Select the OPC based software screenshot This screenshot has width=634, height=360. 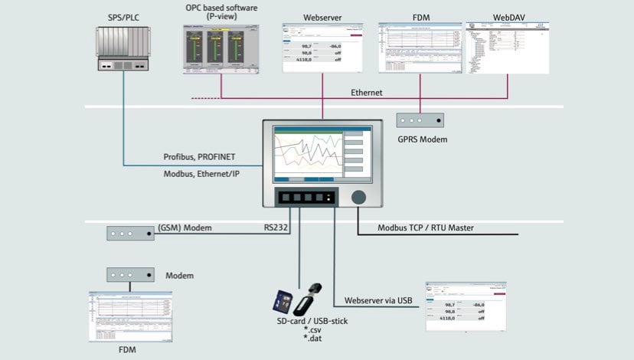point(221,49)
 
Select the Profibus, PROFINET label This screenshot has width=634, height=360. point(198,157)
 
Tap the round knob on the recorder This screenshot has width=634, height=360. point(359,197)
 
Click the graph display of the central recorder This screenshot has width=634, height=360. point(308,154)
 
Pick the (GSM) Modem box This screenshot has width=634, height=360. point(130,232)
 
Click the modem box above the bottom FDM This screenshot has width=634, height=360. point(130,274)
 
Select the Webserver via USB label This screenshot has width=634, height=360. point(383,300)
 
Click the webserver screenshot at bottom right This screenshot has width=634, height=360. point(466,304)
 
